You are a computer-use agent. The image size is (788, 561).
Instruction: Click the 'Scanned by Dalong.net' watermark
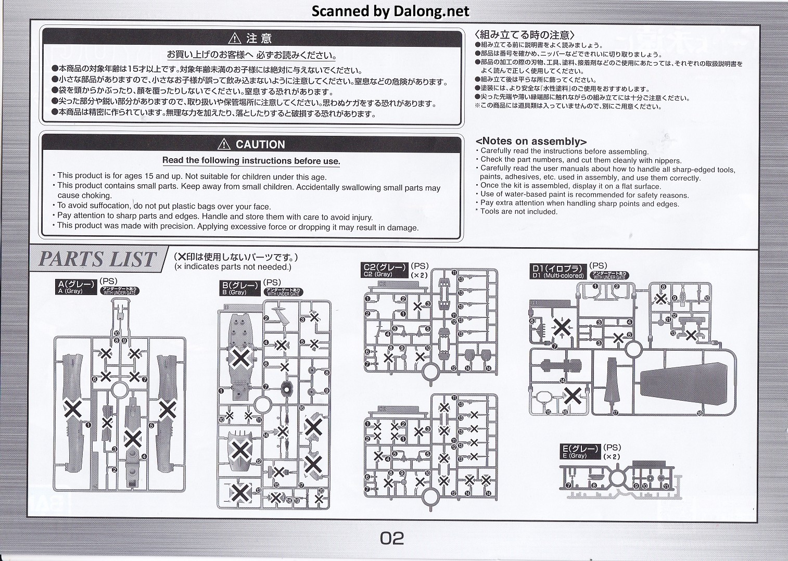coord(390,11)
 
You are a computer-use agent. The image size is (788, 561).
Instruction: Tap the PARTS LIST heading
coord(97,259)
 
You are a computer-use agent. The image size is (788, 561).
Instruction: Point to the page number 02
coord(392,538)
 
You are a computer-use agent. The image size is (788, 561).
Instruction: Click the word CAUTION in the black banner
coord(260,144)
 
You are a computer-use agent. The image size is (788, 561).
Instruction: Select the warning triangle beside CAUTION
coord(224,144)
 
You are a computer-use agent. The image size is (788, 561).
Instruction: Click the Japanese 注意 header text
coord(259,39)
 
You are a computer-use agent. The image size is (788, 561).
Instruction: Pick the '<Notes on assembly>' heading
coord(531,142)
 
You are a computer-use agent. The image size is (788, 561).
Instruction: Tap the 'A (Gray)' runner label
coord(76,287)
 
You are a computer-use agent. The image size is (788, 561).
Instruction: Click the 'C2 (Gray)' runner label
coord(385,270)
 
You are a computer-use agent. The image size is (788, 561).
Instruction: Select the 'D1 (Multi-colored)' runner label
coord(557,272)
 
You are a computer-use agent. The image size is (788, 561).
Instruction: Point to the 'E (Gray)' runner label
coord(580,451)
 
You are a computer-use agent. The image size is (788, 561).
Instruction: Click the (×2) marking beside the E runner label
coord(612,456)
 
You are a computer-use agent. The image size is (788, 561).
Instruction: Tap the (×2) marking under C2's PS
coord(419,275)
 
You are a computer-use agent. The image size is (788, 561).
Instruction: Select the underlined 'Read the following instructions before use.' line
coord(251,160)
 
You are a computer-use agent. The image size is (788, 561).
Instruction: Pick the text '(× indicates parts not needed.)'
coord(233,266)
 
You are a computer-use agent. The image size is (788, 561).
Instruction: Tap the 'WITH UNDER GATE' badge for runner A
coord(121,291)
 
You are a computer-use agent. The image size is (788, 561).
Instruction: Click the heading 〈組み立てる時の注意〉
coord(525,35)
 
